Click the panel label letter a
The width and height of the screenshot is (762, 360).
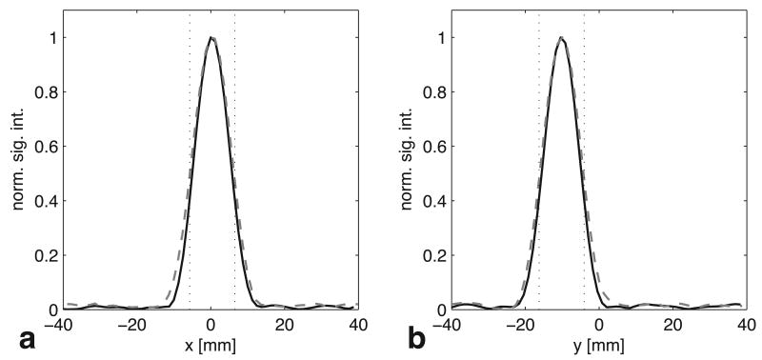[17, 337]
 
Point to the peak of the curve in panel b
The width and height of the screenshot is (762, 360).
[561, 38]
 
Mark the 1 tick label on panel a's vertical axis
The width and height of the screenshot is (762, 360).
[50, 38]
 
